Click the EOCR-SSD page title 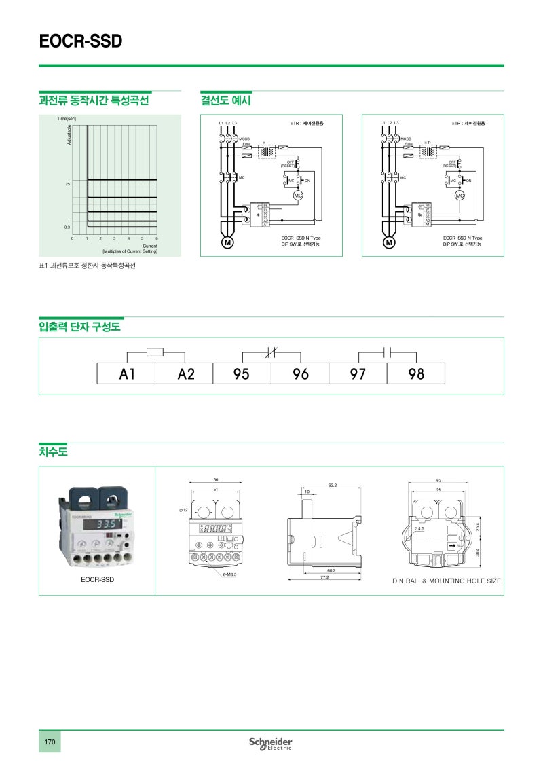click(x=81, y=42)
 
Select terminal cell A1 click(x=126, y=373)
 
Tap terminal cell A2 click(x=185, y=373)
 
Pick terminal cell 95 click(x=242, y=373)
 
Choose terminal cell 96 click(x=300, y=373)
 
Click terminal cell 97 click(x=358, y=373)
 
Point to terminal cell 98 click(x=415, y=373)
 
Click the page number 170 click(x=50, y=742)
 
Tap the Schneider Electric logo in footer click(x=270, y=743)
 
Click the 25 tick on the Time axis click(x=68, y=184)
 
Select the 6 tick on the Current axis click(x=156, y=238)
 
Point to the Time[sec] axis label click(x=66, y=119)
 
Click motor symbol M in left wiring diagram click(x=228, y=242)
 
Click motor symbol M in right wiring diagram click(x=390, y=242)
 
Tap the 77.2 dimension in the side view click(x=324, y=577)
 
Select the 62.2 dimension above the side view click(x=333, y=486)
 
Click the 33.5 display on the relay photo click(x=107, y=525)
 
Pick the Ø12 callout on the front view click(x=183, y=509)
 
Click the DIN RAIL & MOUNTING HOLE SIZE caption click(x=447, y=581)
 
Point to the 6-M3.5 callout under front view click(x=229, y=574)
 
